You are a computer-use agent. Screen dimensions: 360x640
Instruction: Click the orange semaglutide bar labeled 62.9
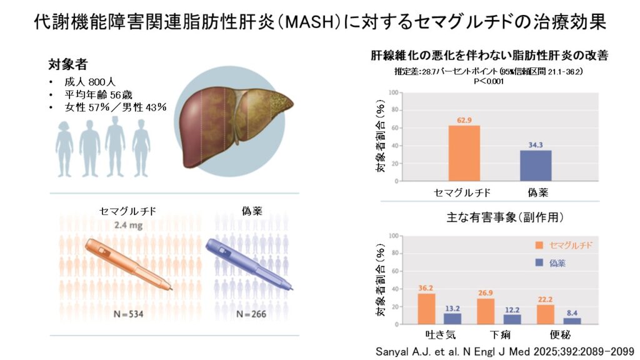point(464,153)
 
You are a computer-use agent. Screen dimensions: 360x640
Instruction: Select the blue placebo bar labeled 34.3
point(536,166)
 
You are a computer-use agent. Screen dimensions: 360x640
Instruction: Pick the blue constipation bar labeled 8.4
point(571,321)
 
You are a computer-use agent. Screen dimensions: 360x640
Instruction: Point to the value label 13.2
point(452,307)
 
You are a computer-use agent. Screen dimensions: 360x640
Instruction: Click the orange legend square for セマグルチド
point(539,246)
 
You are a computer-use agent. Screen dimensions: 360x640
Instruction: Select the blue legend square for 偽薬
point(539,263)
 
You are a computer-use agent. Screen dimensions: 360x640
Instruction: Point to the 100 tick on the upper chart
point(393,92)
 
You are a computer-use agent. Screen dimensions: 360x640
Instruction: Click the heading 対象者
point(68,64)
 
